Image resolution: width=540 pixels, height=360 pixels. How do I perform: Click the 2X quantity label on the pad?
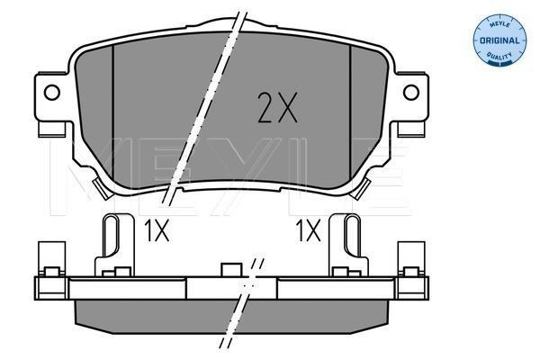(277, 107)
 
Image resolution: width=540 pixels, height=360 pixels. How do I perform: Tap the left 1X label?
(157, 230)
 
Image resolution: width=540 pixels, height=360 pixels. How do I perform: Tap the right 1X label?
(309, 230)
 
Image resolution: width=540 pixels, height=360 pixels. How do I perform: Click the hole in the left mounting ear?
(52, 93)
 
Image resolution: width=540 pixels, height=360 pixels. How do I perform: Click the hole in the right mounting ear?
(411, 93)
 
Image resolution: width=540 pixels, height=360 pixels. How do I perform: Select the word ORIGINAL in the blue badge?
(499, 40)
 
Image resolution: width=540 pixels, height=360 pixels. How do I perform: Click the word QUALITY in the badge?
(499, 56)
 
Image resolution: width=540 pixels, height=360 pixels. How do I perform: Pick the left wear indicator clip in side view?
(114, 245)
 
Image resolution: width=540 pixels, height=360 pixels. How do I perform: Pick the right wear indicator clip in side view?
(349, 245)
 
